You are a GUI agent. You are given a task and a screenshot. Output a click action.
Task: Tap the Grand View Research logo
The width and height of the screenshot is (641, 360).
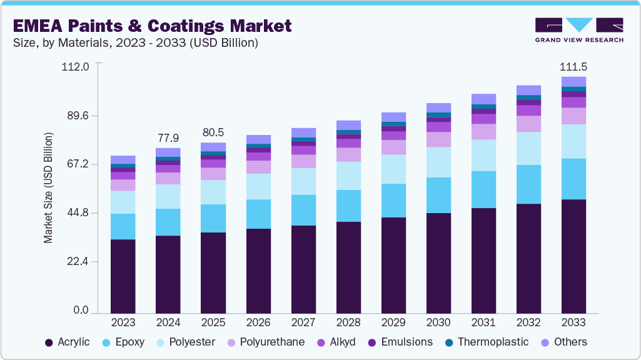click(x=578, y=29)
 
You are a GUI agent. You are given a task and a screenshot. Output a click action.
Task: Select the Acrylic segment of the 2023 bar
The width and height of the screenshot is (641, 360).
click(x=123, y=276)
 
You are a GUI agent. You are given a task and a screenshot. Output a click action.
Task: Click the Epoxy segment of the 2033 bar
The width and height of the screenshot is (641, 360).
click(x=573, y=179)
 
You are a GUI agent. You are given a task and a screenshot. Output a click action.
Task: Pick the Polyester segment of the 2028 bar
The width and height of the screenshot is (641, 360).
click(x=348, y=176)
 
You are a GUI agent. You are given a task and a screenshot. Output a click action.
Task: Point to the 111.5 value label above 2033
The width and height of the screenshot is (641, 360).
click(x=573, y=66)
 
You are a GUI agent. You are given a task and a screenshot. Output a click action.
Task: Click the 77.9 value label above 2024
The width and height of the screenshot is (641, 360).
click(x=168, y=137)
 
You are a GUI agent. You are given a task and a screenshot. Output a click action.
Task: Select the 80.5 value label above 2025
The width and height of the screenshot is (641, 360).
click(x=213, y=132)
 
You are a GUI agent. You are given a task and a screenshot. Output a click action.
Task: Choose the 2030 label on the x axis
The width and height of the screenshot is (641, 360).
click(x=438, y=322)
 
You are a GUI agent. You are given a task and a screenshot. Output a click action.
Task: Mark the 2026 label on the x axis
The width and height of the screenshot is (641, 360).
click(x=258, y=322)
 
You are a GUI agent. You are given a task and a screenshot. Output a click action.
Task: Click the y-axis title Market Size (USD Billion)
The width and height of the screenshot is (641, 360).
click(x=48, y=187)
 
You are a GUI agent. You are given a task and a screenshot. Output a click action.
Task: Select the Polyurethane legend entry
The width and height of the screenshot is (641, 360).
click(x=271, y=342)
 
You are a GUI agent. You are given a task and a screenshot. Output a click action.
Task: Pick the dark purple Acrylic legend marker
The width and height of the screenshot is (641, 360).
click(x=49, y=342)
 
